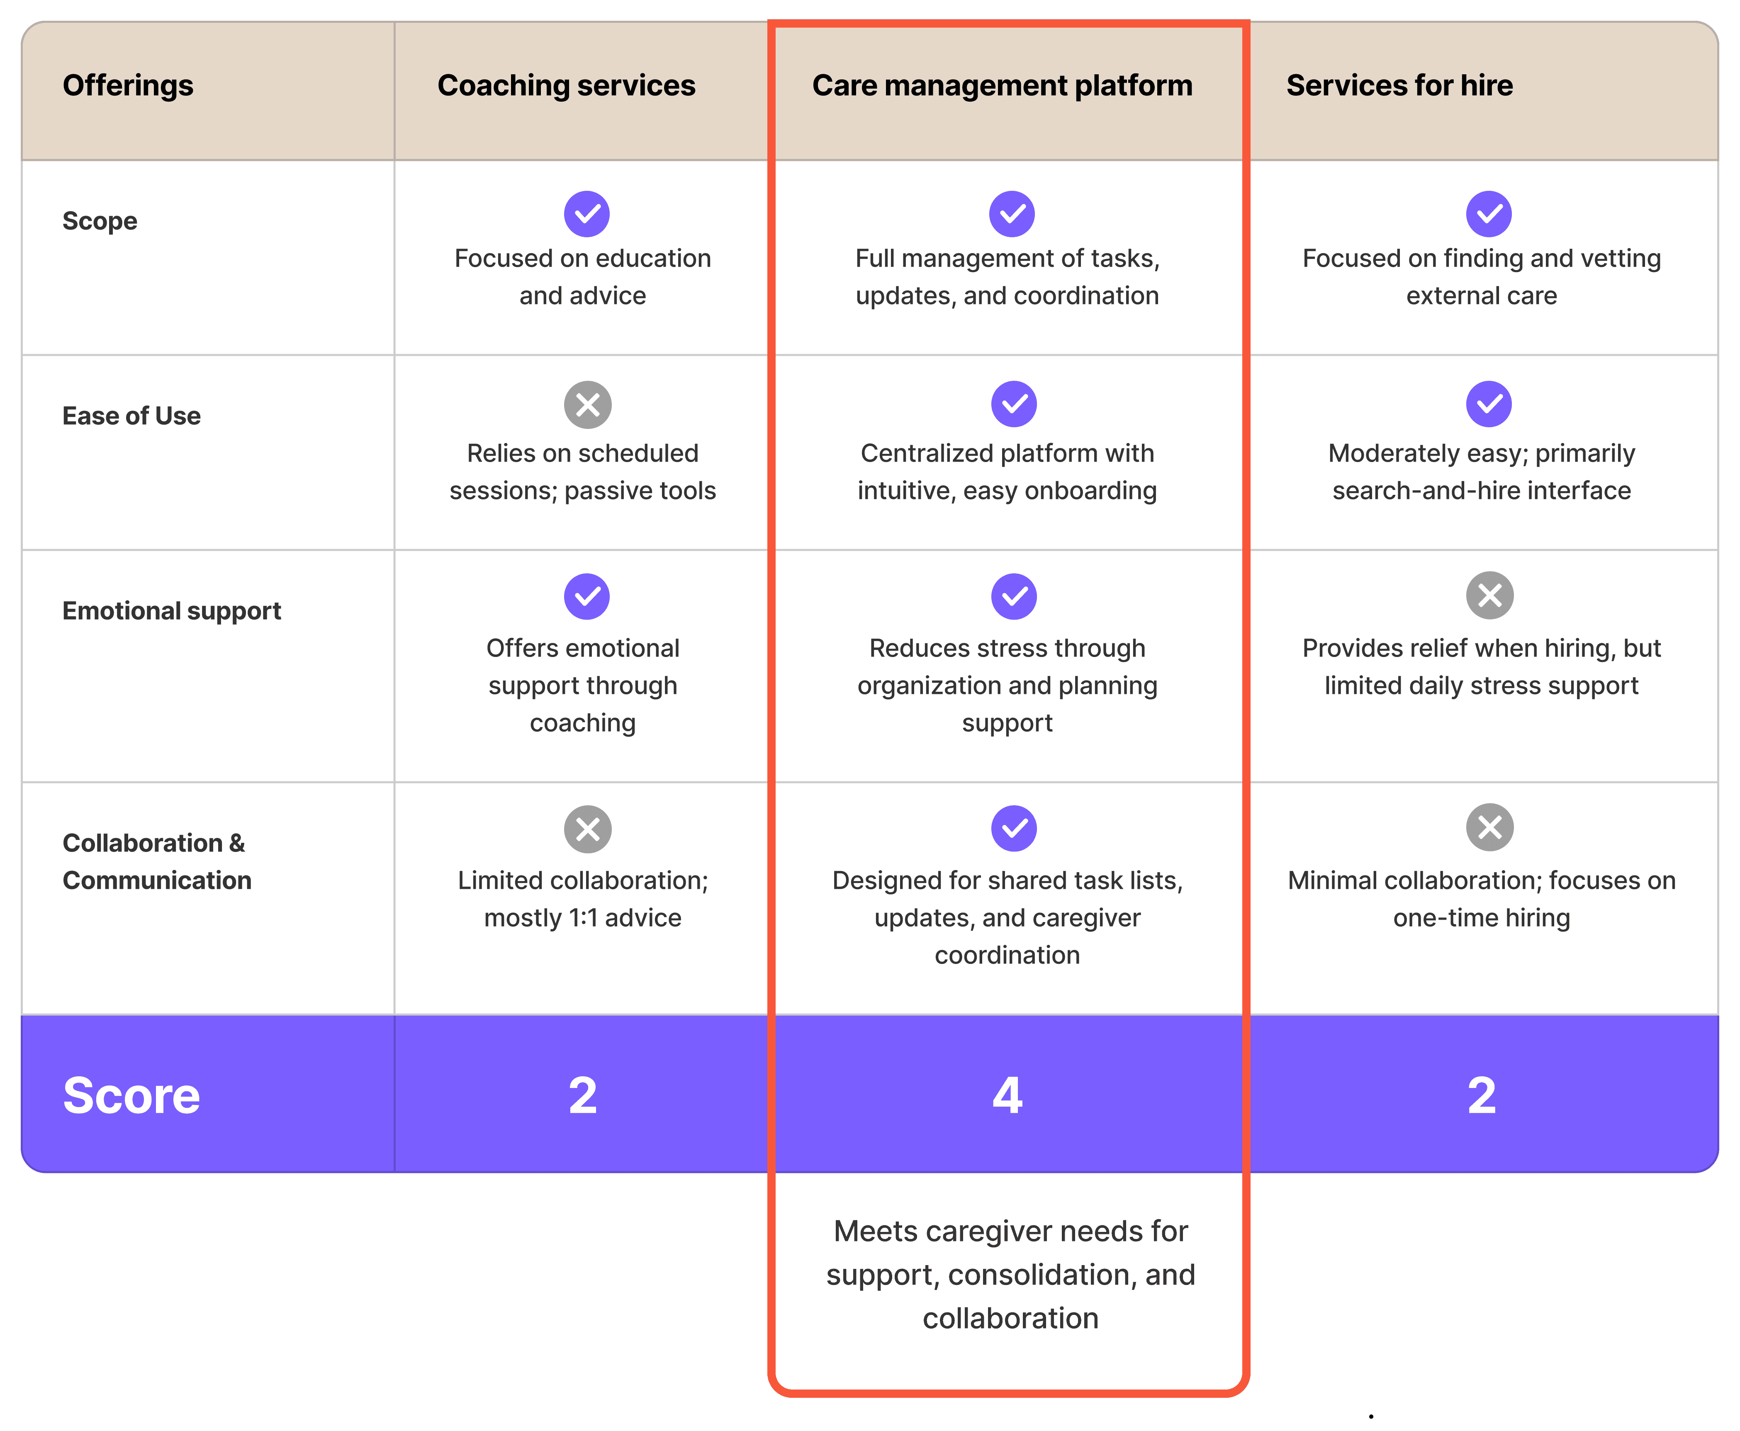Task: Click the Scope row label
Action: coord(100,221)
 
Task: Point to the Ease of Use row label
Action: coord(131,416)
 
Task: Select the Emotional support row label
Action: coord(171,611)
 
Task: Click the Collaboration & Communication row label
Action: coord(157,862)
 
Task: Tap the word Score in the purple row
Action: coord(131,1095)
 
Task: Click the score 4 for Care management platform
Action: coord(1007,1095)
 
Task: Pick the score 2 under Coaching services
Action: coord(583,1095)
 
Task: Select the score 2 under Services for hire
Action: coord(1481,1095)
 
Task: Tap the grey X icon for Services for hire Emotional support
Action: coord(1489,595)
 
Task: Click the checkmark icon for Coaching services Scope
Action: coord(587,214)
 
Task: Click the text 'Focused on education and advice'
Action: coord(583,277)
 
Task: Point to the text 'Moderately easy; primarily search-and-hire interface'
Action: coord(1481,472)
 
